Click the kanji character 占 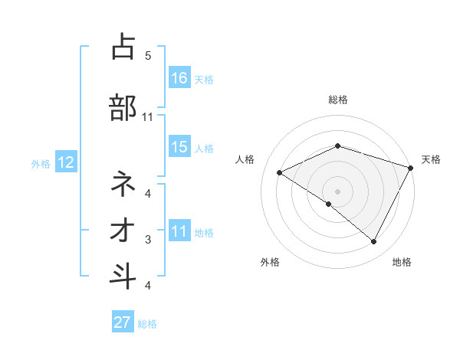pos(123,47)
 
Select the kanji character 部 pos(123,107)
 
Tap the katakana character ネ pos(123,184)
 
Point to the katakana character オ pos(123,231)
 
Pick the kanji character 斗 pos(123,277)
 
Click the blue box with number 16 pos(179,78)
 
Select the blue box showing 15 pos(179,148)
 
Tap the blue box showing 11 pos(179,232)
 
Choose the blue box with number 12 pos(65,162)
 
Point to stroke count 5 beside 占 pos(148,56)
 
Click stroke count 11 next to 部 pos(148,117)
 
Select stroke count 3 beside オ pos(148,240)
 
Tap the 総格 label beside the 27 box pos(147,324)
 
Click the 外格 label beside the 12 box pos(41,163)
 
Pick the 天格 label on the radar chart pos(431,159)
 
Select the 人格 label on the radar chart pos(245,159)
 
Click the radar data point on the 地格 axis pos(374,242)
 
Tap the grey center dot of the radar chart pos(337,191)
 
